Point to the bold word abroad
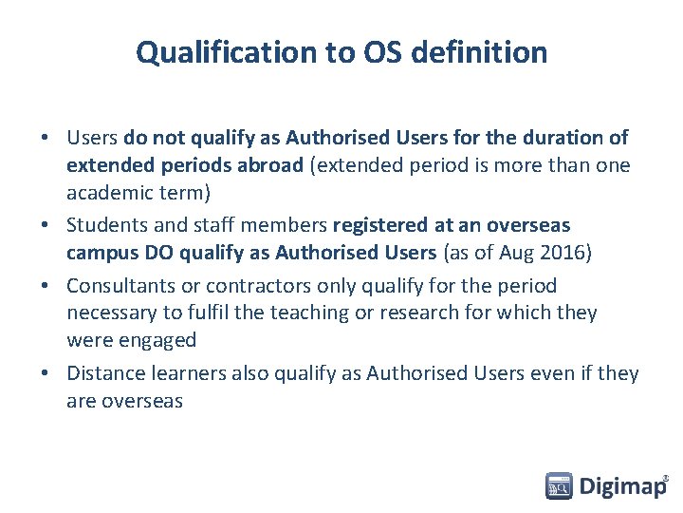click(273, 164)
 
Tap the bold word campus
click(102, 253)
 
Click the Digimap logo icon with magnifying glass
click(559, 486)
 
